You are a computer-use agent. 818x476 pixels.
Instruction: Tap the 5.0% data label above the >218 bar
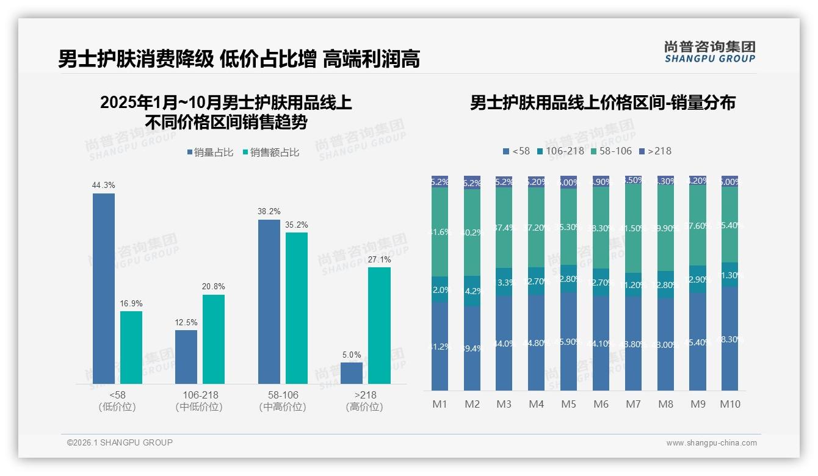[x=352, y=355]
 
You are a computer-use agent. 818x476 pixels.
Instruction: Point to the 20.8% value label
[x=214, y=287]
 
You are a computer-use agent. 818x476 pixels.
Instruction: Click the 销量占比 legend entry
[x=209, y=153]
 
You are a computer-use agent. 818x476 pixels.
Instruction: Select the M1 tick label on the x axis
[x=440, y=404]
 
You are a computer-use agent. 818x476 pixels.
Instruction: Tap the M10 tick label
[x=730, y=404]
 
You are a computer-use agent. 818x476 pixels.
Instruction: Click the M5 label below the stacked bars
[x=568, y=404]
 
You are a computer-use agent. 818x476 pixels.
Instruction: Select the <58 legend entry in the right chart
[x=516, y=151]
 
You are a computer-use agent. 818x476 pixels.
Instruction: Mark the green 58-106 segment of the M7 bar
[x=633, y=229]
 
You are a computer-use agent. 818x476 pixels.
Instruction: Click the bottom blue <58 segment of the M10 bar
[x=729, y=339]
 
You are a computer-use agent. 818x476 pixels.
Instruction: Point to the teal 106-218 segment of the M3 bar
[x=504, y=282]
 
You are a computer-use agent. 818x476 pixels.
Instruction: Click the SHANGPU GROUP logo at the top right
[x=709, y=52]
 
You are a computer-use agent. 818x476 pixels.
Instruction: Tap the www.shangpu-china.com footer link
[x=711, y=443]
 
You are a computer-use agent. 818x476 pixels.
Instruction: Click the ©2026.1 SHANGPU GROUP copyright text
[x=120, y=442]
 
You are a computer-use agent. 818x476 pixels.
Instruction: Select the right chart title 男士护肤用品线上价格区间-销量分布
[x=602, y=103]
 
